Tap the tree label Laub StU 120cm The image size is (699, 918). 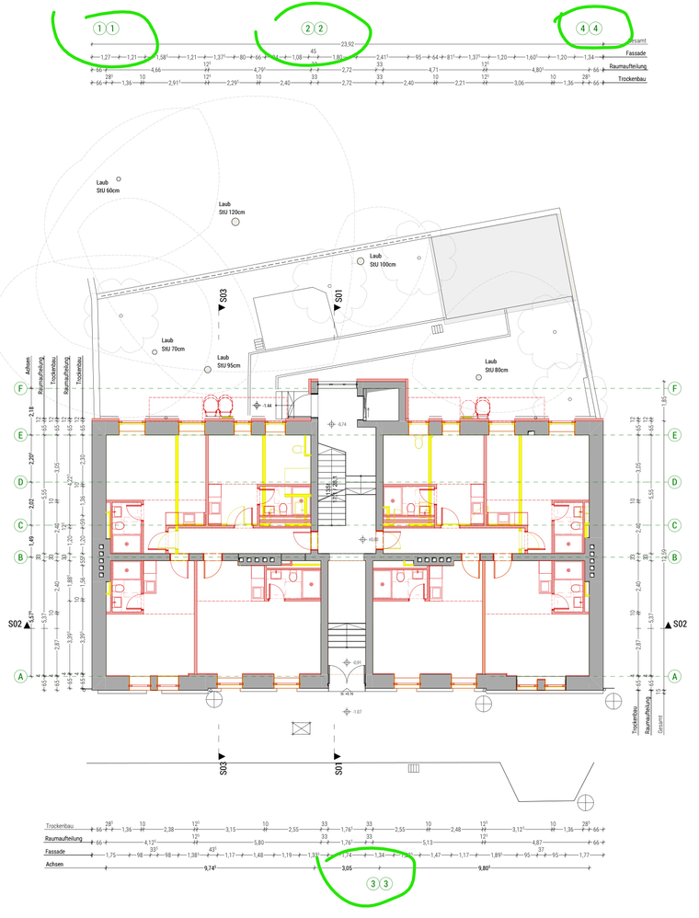[230, 208]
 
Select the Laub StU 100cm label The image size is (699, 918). [382, 260]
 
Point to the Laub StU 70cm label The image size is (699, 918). [173, 344]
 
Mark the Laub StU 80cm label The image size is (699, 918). [497, 366]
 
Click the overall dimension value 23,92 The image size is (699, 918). [347, 44]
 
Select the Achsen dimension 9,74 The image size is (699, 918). [209, 867]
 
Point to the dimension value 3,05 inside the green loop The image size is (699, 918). [347, 867]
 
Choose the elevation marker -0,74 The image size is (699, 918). [341, 424]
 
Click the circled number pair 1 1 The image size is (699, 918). [105, 28]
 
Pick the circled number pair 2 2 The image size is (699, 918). [314, 28]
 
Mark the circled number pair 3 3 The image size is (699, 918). [379, 884]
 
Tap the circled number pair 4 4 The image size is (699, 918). [590, 28]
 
